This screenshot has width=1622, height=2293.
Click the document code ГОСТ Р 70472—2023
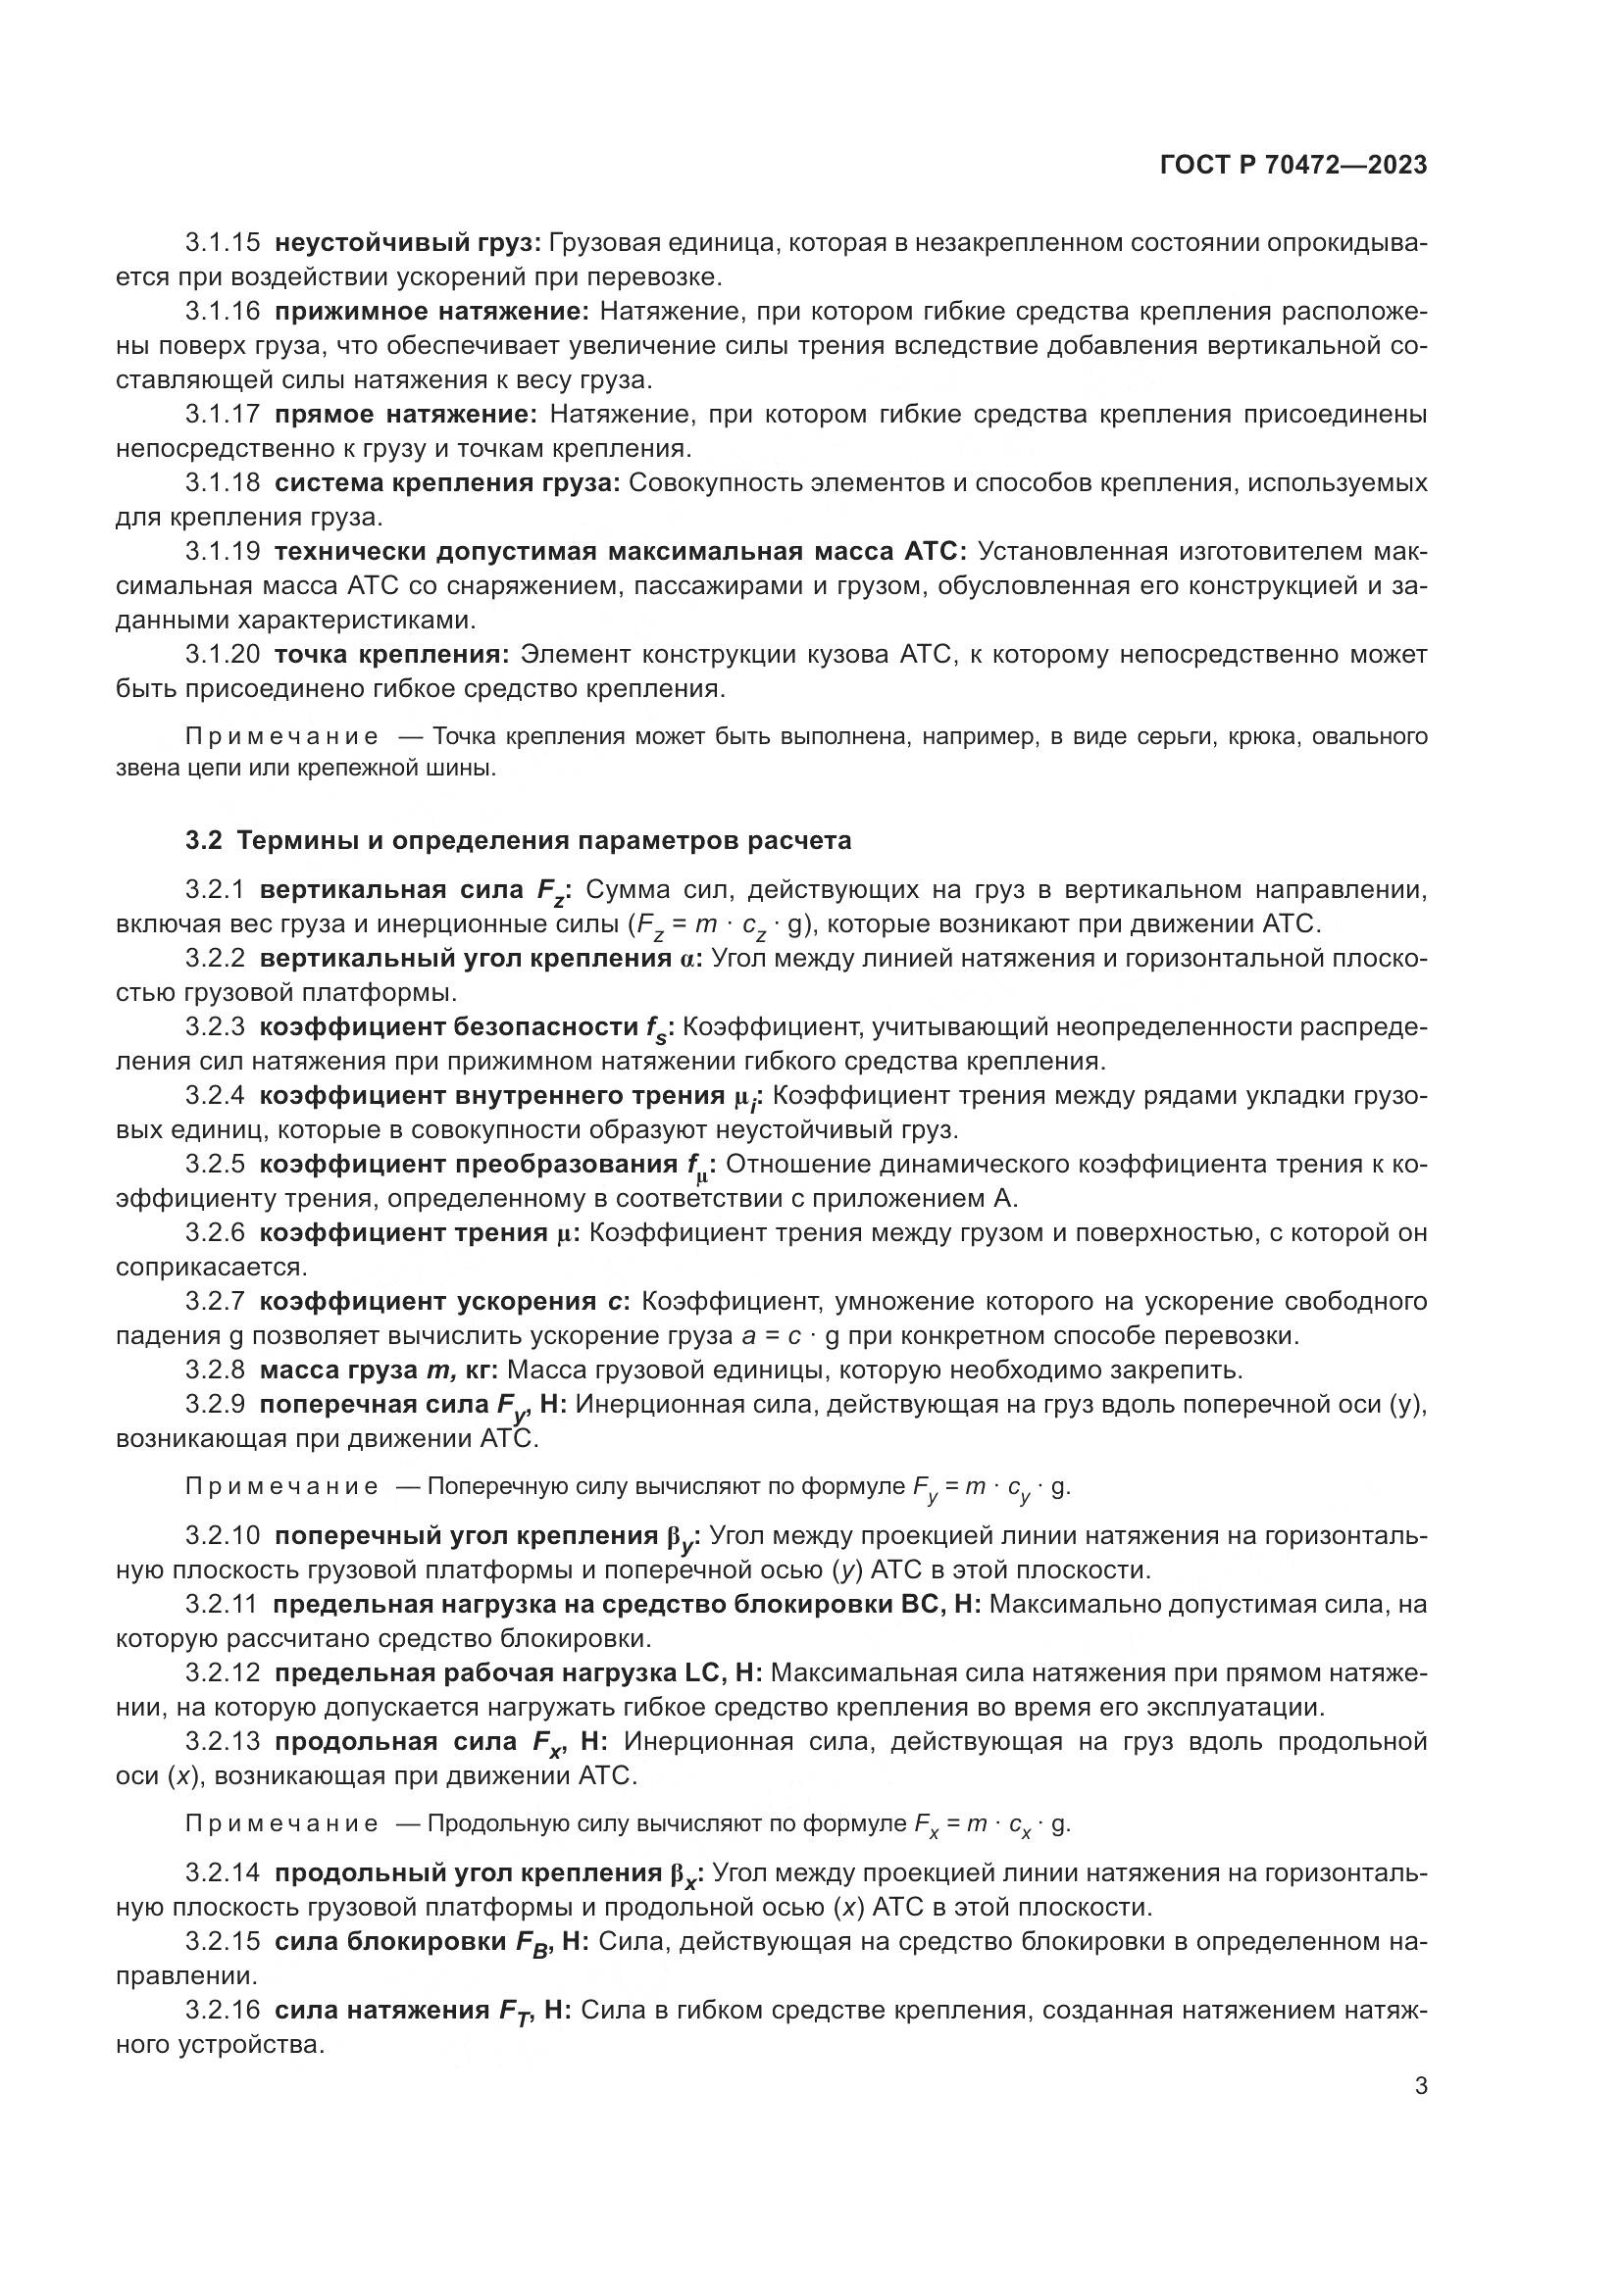[x=1293, y=165]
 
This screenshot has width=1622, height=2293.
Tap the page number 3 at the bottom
[x=1420, y=2085]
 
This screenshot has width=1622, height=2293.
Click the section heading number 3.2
[x=203, y=841]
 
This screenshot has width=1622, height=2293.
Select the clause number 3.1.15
[x=222, y=243]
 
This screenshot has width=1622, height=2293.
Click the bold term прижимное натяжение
[x=432, y=312]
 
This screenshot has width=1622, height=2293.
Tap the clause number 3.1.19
[x=222, y=551]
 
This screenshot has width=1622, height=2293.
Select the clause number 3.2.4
[x=215, y=1096]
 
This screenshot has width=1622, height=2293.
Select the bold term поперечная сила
[x=375, y=1403]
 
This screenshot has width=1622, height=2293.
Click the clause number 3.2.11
[x=221, y=1604]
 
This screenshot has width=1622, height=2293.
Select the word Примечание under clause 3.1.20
[x=281, y=737]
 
